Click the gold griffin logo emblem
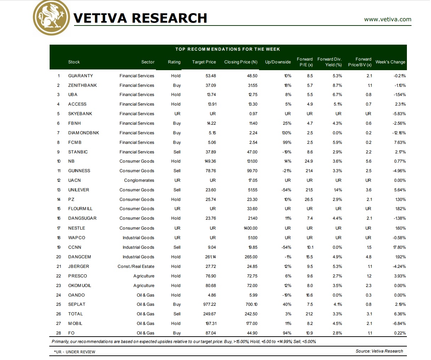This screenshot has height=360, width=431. tap(51, 18)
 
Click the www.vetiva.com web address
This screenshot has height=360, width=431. tap(387, 19)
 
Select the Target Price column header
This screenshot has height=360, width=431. tap(204, 62)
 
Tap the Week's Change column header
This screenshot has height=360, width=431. tap(390, 62)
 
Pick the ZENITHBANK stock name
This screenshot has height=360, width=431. tap(82, 85)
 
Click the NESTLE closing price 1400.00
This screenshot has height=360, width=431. tap(250, 228)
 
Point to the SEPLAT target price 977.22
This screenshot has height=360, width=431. tap(209, 304)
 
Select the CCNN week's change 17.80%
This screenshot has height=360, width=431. tap(399, 247)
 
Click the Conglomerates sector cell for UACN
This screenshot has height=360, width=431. tap(139, 180)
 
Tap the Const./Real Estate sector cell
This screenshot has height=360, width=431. tap(136, 266)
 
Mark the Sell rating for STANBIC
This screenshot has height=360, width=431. tap(177, 152)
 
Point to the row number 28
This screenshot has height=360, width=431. tap(58, 333)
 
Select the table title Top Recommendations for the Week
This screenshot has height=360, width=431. tap(228, 49)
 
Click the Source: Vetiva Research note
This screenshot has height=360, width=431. tap(379, 351)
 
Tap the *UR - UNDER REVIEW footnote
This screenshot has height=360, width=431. tap(74, 352)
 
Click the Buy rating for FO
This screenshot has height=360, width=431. tap(177, 333)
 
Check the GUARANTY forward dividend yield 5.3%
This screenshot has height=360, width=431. tap(337, 76)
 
